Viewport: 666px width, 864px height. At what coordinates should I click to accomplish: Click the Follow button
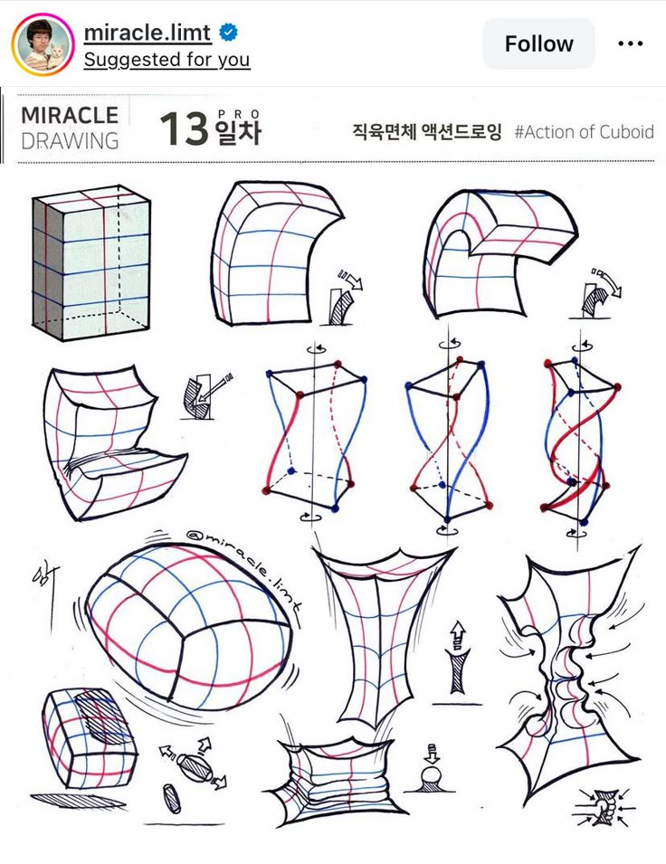[538, 43]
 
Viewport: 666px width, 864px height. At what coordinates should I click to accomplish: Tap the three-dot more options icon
[630, 43]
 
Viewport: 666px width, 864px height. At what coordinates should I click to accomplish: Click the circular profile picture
[43, 44]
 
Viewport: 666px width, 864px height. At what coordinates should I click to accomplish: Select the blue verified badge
[229, 33]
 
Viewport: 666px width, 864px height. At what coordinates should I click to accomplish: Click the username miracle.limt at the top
[147, 33]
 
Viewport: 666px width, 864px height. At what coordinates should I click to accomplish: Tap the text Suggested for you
[166, 60]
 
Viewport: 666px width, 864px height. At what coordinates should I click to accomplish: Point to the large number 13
[185, 129]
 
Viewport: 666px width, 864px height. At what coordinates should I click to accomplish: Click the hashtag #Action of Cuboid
[584, 132]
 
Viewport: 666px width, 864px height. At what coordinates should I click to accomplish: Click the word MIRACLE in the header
[70, 116]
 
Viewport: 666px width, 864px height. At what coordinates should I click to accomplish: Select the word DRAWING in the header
[70, 141]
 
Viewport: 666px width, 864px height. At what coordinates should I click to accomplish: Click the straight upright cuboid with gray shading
[90, 262]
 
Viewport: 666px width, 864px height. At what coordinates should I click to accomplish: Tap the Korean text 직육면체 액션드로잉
[426, 132]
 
